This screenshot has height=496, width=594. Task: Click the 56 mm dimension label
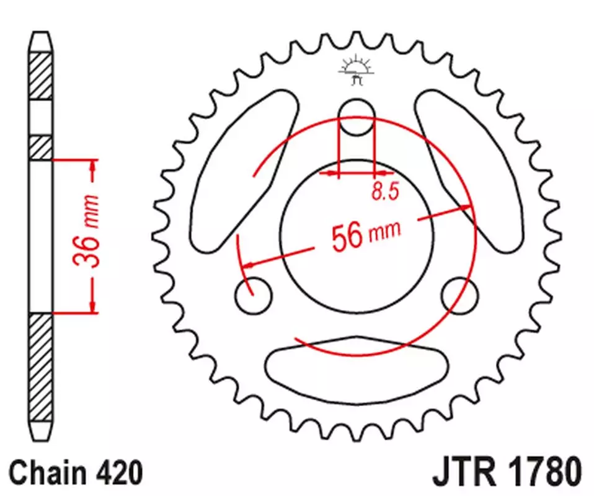pyautogui.click(x=366, y=236)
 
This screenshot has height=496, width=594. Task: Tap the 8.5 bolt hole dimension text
pyautogui.click(x=385, y=191)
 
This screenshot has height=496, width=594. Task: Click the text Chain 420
pyautogui.click(x=76, y=472)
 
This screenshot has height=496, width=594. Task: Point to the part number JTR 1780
pyautogui.click(x=507, y=472)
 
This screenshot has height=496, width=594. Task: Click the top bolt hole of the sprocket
pyautogui.click(x=357, y=117)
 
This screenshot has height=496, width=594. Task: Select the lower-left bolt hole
pyautogui.click(x=254, y=296)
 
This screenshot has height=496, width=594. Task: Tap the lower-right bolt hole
pyautogui.click(x=460, y=296)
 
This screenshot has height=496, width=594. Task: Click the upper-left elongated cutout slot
pyautogui.click(x=242, y=170)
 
